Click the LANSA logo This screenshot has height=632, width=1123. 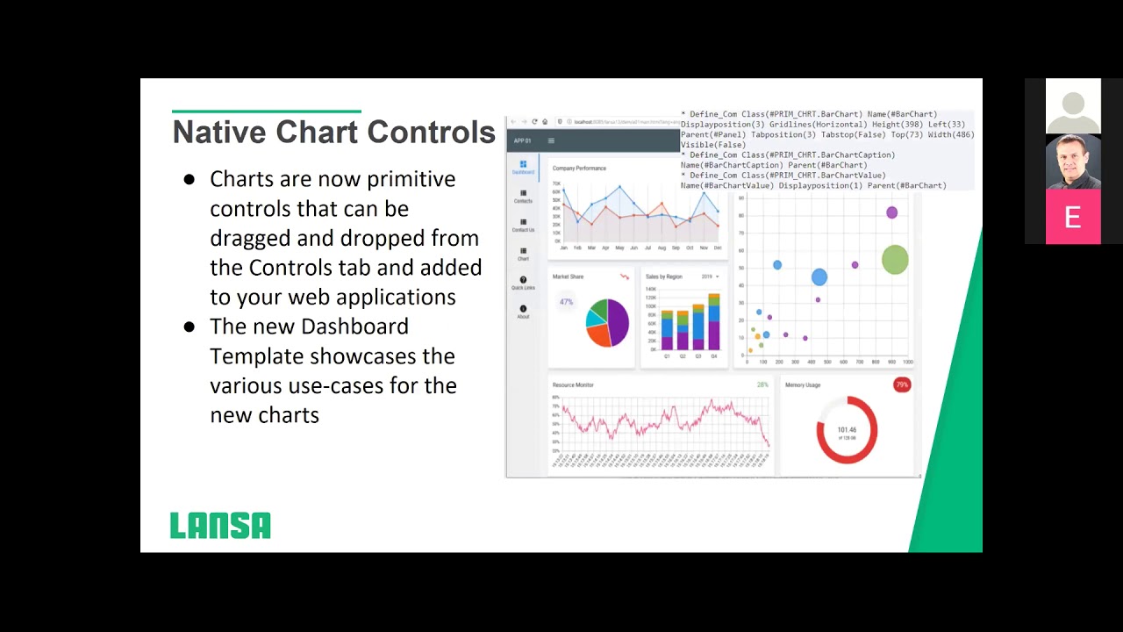point(220,525)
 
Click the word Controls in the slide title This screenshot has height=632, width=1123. point(431,133)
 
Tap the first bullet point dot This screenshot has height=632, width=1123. point(189,180)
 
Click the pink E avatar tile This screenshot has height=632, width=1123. point(1072,217)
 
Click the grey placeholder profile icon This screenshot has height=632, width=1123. point(1072,106)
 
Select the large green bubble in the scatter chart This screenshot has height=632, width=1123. point(894,259)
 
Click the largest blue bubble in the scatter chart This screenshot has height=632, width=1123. point(819,277)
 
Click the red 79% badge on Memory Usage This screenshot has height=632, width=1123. point(901,384)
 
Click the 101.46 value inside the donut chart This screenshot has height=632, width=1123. point(847,430)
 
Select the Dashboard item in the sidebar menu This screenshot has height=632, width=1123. point(523,167)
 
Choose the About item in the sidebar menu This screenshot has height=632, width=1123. point(523,312)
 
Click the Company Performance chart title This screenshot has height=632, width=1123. point(579,169)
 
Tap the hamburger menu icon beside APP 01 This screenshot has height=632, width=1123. point(551,140)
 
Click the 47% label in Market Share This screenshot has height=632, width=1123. point(566,302)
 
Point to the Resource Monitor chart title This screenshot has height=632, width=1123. point(573,384)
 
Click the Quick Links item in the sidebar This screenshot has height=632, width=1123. point(523,283)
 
